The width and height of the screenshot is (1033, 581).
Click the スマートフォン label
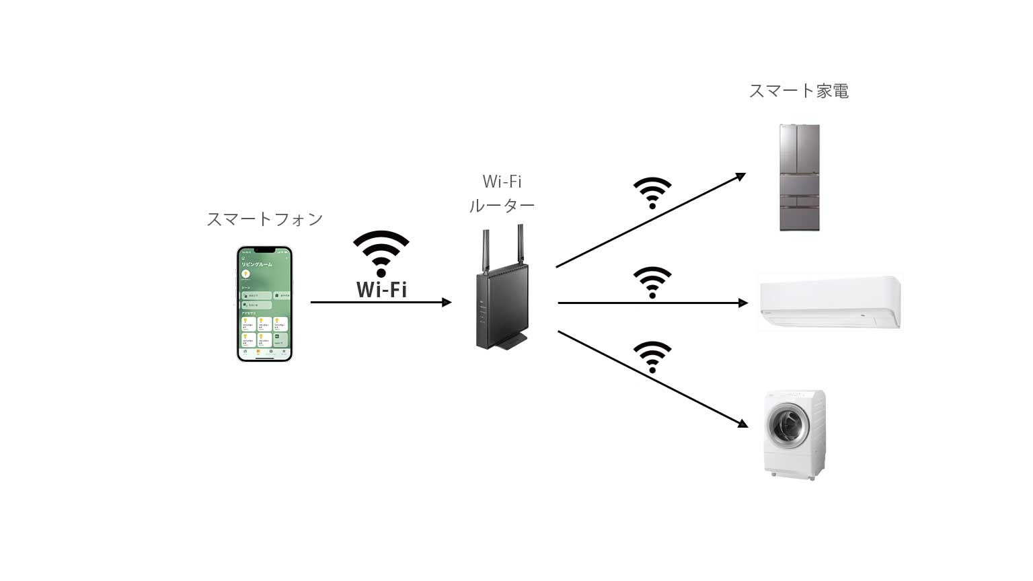(264, 219)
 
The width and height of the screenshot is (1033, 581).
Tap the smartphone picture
(264, 303)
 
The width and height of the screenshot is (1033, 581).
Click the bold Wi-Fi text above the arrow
(381, 289)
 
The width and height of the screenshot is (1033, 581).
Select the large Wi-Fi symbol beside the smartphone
(381, 252)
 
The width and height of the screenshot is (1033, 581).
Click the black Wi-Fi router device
(502, 306)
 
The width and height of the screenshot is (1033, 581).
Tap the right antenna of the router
(521, 245)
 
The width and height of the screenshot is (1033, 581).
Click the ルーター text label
(502, 206)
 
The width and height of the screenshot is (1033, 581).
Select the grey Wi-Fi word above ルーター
(502, 182)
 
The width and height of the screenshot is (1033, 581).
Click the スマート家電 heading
(798, 91)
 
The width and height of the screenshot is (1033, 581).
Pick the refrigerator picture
(800, 178)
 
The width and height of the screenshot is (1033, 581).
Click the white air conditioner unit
(829, 303)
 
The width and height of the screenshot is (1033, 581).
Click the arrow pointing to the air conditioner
(652, 303)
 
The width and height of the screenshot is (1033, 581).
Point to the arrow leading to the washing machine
(652, 379)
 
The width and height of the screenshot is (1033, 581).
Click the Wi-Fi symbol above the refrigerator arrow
(652, 192)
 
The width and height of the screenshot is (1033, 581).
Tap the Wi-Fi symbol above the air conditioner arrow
(652, 282)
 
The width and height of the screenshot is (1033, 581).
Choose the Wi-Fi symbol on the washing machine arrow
(652, 356)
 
